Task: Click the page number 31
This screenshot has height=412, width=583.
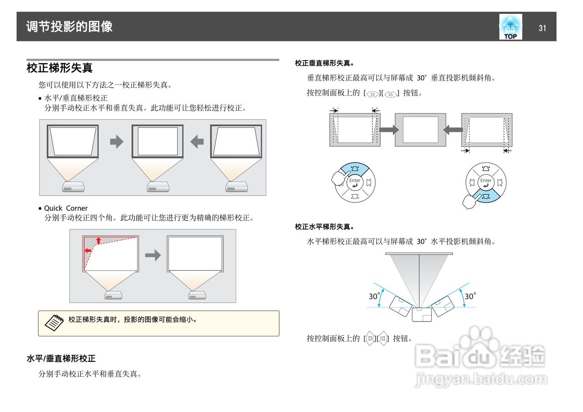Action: [542, 28]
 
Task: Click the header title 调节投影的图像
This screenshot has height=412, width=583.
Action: [69, 27]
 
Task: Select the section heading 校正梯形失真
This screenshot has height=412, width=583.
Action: [60, 68]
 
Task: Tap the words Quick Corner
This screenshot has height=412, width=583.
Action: [66, 208]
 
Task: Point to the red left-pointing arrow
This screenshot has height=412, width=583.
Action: [87, 250]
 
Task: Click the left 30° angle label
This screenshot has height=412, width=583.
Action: [374, 296]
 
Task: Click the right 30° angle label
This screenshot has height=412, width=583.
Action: [470, 296]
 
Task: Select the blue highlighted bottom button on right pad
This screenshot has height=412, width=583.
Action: [486, 197]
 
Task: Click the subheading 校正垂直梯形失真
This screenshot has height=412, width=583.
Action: [324, 63]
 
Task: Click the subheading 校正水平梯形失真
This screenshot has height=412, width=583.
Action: [324, 226]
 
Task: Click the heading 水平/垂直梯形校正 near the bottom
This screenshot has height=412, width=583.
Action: [61, 359]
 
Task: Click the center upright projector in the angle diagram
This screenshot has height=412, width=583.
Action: [421, 314]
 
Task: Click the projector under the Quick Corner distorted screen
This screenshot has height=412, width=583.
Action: [113, 295]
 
